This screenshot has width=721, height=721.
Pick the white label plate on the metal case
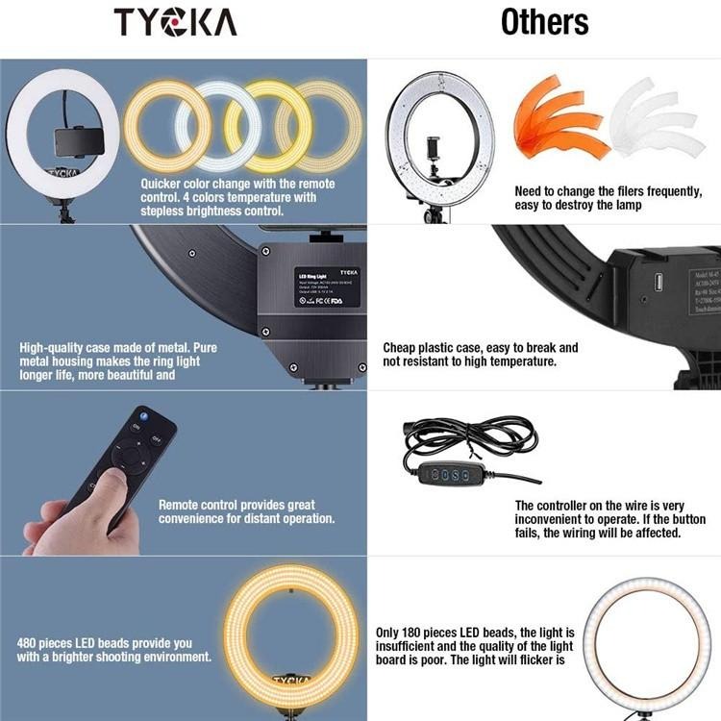327,286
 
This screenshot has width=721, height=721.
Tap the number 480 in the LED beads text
28,643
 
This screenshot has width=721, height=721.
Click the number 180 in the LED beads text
424,633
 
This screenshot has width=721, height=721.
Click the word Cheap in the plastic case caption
403,347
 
